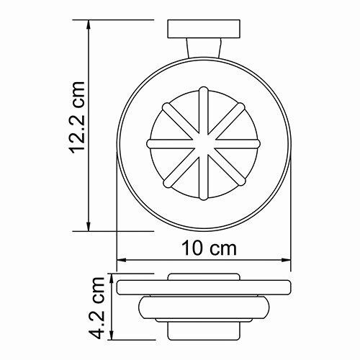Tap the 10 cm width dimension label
(208, 249)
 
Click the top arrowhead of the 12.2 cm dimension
(88, 24)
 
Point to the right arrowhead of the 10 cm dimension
(291, 260)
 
